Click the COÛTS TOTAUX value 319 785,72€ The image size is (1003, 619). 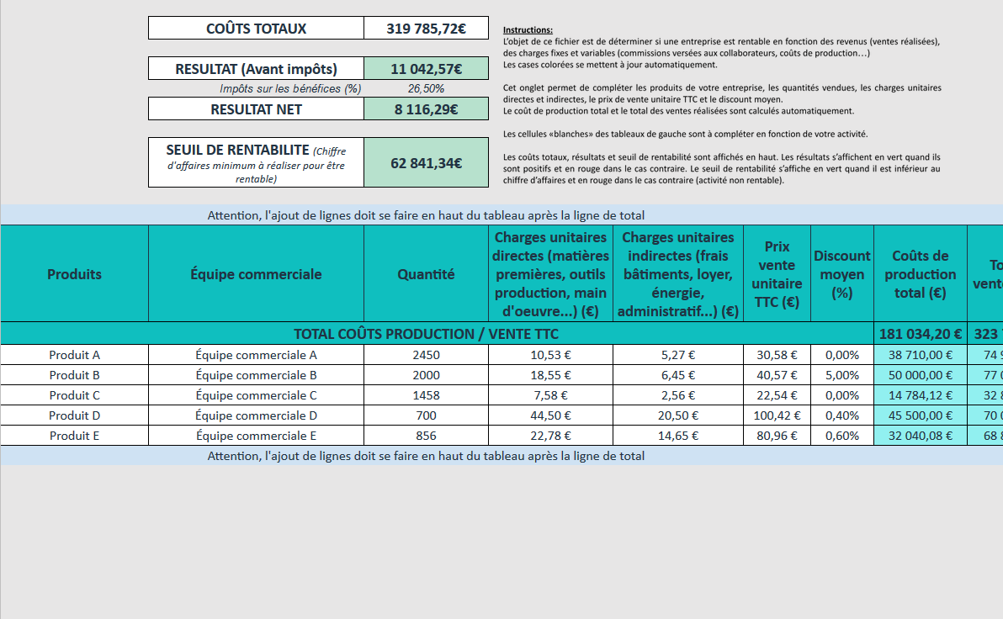coord(426,29)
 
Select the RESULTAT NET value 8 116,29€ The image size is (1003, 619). coord(426,109)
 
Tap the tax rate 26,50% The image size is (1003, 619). coord(426,88)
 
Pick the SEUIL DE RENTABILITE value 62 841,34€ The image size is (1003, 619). coord(426,163)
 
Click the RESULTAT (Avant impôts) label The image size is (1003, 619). coord(256,69)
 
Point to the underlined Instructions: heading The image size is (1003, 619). coord(528,29)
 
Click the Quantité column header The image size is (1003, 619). coord(426,274)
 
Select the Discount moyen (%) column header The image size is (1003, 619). coord(841,274)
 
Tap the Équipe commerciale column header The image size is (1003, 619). coord(256,274)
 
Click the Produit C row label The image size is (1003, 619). coord(74,395)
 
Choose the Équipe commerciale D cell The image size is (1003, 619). coord(256,415)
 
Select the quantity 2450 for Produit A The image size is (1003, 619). coord(426,355)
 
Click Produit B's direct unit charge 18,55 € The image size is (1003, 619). coord(550,375)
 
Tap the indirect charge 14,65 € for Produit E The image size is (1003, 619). coord(678,436)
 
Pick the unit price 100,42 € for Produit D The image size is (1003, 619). coord(776,415)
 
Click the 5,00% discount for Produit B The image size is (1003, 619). coord(841,375)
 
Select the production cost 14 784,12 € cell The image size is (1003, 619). coord(920,395)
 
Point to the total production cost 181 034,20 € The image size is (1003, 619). coord(920,334)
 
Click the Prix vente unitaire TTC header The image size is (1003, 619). coord(776,274)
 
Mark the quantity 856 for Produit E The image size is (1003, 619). coord(426,436)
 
